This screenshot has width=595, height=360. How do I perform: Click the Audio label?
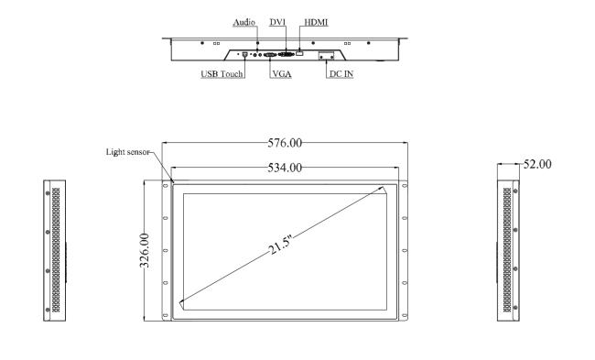[x=244, y=22]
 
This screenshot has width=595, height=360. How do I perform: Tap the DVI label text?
[x=277, y=22]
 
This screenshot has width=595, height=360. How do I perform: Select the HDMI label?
[x=316, y=22]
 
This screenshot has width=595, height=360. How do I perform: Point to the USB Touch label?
[x=222, y=74]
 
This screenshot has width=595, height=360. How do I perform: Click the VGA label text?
[x=282, y=74]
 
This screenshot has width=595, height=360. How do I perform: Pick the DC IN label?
[x=341, y=74]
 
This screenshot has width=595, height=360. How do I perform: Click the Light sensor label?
[x=127, y=152]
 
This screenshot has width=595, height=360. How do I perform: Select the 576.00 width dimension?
[x=285, y=143]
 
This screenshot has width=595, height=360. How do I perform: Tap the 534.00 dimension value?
[x=285, y=168]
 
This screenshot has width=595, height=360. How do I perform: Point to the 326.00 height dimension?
[x=145, y=251]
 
